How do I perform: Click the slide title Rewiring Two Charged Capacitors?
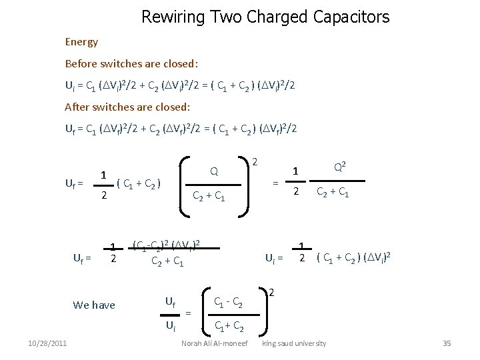(265, 17)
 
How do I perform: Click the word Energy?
(81, 42)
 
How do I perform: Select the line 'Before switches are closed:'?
(131, 64)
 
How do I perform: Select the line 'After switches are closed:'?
(127, 107)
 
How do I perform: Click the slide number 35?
(447, 343)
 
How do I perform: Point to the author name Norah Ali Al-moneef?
(214, 343)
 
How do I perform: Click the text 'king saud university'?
(294, 343)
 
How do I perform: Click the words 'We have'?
(94, 305)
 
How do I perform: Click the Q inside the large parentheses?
(214, 172)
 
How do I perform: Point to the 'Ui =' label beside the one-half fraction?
(274, 258)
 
